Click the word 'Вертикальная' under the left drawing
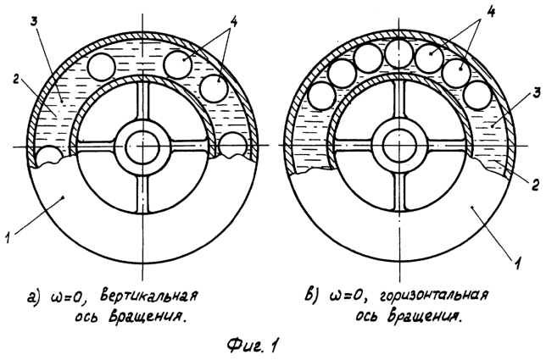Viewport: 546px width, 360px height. coord(149,296)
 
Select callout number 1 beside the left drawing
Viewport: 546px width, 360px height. coord(9,238)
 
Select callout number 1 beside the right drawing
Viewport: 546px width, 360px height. coord(519,263)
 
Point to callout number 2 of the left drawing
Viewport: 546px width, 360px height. coord(15,80)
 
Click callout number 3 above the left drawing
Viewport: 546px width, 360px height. coord(34,22)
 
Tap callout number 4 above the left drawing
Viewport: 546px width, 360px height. coord(234,23)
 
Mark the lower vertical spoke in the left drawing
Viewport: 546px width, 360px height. coord(142,193)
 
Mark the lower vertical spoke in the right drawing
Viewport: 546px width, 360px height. coord(399,192)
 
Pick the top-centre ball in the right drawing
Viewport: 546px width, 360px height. coord(400,53)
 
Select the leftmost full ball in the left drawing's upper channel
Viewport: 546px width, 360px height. coord(102,67)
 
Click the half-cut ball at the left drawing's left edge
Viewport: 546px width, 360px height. coord(48,156)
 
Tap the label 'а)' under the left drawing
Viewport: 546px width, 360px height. coord(35,297)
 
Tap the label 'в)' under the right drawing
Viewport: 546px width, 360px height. coord(311,296)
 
